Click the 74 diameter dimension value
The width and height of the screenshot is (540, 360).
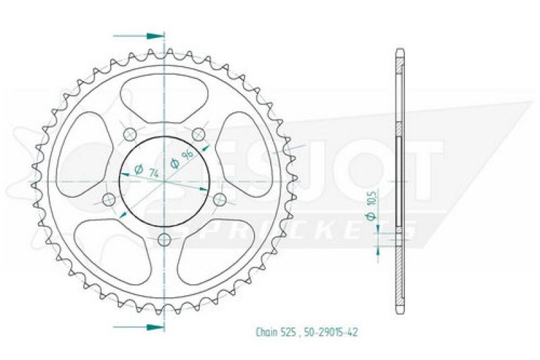(154, 174)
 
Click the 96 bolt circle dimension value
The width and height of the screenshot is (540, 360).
(187, 156)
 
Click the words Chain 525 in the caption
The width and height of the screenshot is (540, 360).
(275, 332)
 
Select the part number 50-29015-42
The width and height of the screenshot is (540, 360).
(331, 332)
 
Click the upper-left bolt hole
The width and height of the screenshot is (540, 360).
(130, 134)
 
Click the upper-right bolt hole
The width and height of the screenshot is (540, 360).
(198, 134)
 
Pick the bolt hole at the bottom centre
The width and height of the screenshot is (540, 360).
(165, 239)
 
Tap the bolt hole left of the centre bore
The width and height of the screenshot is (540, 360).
(109, 199)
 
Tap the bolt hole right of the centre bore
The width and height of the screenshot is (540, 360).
(219, 199)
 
